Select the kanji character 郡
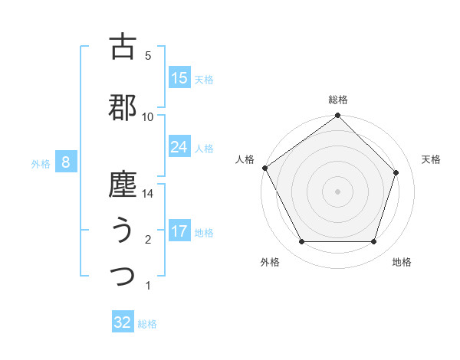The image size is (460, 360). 123,107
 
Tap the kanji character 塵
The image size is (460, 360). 123,185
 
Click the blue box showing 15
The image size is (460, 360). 179,78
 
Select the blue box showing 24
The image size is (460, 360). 179,147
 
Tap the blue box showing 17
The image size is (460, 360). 179,231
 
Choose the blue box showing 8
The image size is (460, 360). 67,162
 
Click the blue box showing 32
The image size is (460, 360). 123,322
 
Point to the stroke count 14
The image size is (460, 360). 148,195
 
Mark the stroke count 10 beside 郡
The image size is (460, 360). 148,116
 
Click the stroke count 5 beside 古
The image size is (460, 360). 148,56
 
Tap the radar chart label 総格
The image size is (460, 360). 338,100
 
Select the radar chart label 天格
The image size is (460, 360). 431,159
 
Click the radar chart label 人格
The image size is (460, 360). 245,159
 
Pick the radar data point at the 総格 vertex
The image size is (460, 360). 338,116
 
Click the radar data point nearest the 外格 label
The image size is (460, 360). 301,242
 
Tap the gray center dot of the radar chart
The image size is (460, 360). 338,191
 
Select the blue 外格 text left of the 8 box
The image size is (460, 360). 41,163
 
